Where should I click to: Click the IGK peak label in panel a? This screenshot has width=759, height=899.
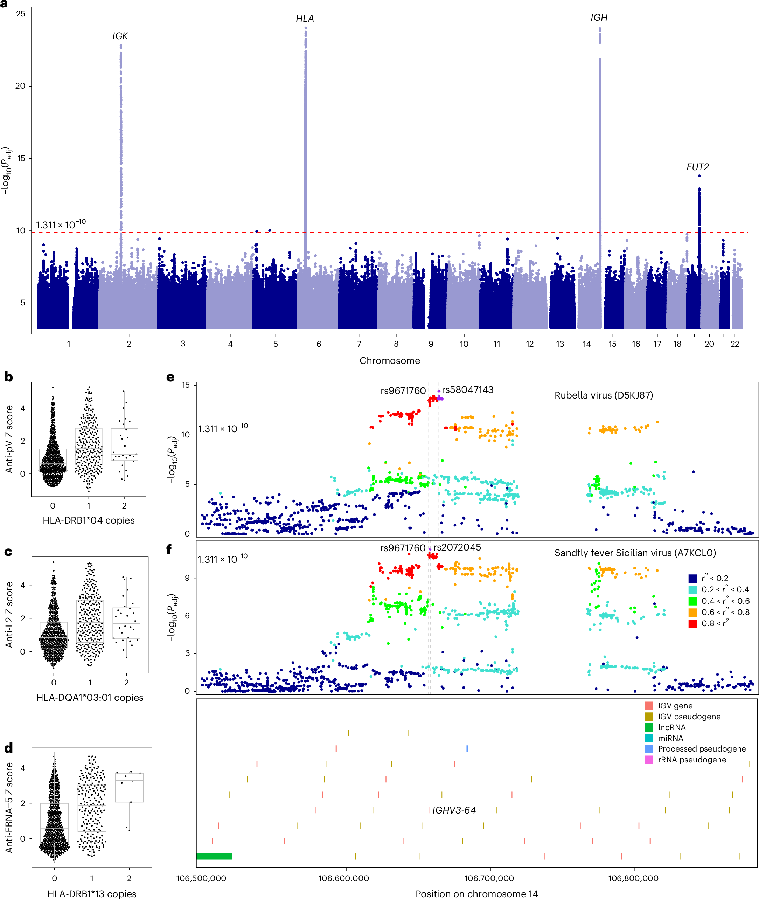tap(120, 36)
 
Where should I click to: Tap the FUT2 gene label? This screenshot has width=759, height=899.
tap(697, 167)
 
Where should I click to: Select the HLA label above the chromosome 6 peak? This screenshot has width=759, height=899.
tap(305, 19)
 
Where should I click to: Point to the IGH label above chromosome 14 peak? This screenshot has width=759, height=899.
tap(599, 17)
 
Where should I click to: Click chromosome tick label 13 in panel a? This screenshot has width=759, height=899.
tap(559, 344)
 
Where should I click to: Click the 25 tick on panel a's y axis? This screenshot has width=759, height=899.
tap(20, 14)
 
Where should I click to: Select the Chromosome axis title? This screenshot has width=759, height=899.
tap(389, 361)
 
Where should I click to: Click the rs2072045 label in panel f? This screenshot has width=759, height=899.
tap(457, 547)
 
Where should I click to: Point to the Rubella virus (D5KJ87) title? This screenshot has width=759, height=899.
tap(603, 395)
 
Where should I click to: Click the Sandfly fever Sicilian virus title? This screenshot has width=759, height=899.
tap(635, 553)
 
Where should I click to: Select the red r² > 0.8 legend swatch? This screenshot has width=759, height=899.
tap(692, 624)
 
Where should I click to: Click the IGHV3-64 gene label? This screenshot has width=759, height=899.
tap(454, 810)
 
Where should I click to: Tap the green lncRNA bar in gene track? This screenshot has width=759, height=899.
tap(214, 856)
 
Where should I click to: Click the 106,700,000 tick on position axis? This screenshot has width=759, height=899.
tap(489, 878)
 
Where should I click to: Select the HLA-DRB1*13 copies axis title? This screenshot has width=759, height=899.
tap(92, 893)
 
